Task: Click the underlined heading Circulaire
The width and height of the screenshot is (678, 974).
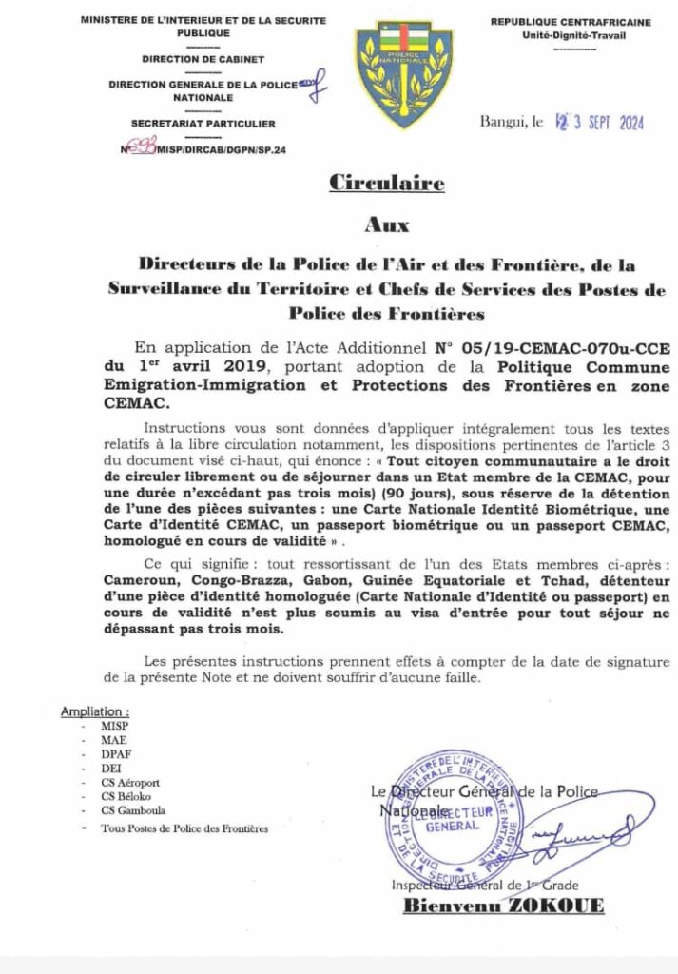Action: pyautogui.click(x=386, y=184)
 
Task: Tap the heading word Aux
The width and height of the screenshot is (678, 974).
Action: pyautogui.click(x=387, y=225)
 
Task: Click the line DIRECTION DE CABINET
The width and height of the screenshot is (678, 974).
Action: pyautogui.click(x=203, y=59)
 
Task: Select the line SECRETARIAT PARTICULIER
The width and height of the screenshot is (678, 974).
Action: pyautogui.click(x=203, y=124)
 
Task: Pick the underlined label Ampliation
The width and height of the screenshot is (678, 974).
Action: pyautogui.click(x=94, y=711)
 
